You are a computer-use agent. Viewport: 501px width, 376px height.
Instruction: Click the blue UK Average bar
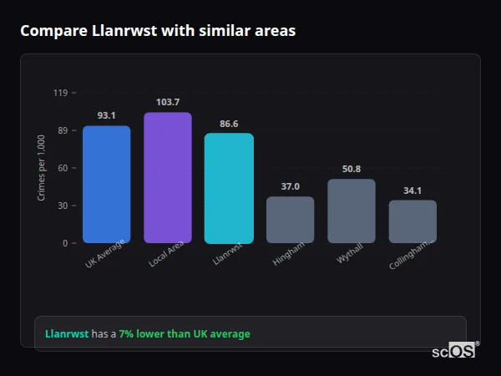pyautogui.click(x=106, y=185)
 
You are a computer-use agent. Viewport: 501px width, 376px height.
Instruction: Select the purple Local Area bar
pyautogui.click(x=167, y=178)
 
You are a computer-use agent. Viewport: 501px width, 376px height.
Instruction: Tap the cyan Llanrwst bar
pyautogui.click(x=229, y=188)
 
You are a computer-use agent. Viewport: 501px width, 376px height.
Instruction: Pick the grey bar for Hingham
pyautogui.click(x=290, y=220)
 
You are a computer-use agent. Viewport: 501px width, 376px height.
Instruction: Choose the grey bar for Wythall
pyautogui.click(x=352, y=211)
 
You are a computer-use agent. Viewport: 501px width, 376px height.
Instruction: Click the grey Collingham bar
pyautogui.click(x=412, y=221)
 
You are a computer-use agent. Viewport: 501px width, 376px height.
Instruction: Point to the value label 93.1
pyautogui.click(x=106, y=115)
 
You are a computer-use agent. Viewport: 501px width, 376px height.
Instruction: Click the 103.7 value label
pyautogui.click(x=167, y=102)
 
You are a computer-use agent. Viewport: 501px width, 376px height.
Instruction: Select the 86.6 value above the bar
pyautogui.click(x=229, y=124)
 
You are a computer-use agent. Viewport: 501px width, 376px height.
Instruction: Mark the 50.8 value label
pyautogui.click(x=352, y=169)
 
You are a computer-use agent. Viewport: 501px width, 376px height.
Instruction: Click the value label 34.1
pyautogui.click(x=412, y=191)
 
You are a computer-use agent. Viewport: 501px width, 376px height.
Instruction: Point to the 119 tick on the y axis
pyautogui.click(x=60, y=93)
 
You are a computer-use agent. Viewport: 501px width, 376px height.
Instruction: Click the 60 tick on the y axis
pyautogui.click(x=62, y=168)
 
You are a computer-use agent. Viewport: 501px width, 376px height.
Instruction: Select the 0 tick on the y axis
pyautogui.click(x=64, y=243)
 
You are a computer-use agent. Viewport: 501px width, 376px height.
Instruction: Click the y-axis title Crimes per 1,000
pyautogui.click(x=42, y=168)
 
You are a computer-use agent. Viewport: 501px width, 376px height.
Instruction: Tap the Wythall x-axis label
pyautogui.click(x=349, y=255)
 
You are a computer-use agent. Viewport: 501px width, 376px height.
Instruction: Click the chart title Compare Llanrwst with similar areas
pyautogui.click(x=157, y=31)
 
